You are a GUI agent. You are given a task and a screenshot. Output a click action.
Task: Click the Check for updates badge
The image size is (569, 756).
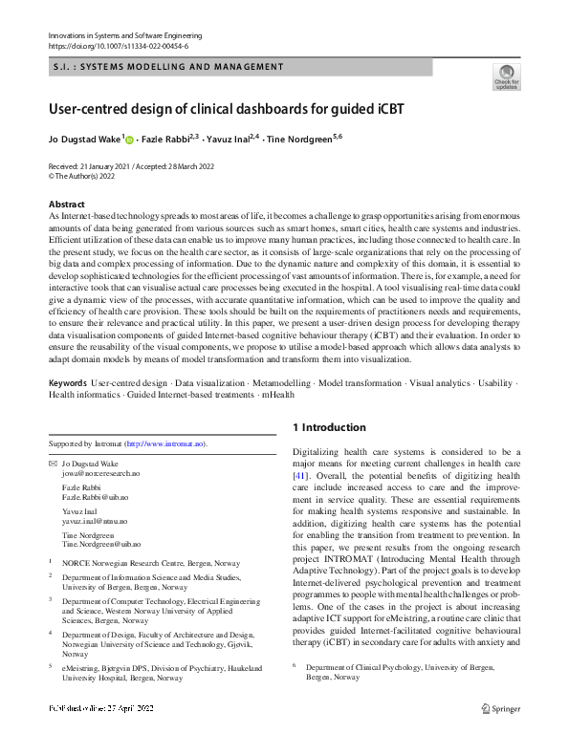click(506, 76)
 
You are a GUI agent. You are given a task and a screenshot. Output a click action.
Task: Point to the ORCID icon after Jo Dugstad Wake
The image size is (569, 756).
click(131, 139)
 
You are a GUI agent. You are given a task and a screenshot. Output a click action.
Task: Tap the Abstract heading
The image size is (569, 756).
click(66, 205)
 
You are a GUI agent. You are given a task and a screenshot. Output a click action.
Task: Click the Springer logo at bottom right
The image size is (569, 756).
click(503, 735)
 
